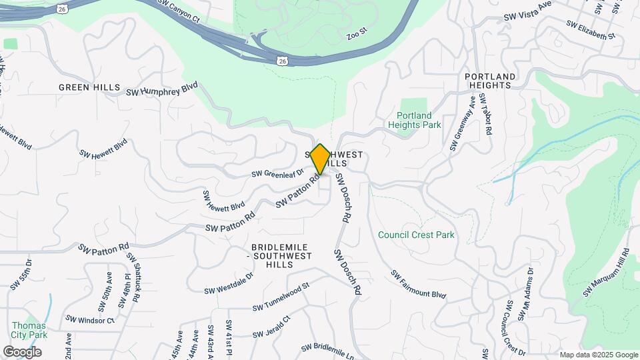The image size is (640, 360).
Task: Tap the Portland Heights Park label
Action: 414,120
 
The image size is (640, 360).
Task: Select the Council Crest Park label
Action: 415,235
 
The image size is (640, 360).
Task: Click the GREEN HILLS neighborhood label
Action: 89,87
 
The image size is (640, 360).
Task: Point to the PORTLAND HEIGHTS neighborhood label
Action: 490,81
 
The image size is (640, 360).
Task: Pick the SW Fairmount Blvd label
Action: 418,285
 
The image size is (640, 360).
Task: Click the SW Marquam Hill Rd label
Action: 607,273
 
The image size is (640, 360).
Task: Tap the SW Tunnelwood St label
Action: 281,297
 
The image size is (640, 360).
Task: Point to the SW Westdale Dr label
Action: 229,283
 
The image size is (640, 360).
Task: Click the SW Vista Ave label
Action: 528,11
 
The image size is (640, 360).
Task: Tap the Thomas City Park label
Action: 29,330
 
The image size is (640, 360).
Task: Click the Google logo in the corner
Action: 22,352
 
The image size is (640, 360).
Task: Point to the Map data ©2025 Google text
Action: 598,355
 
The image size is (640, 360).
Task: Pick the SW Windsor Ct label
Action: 90,320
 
